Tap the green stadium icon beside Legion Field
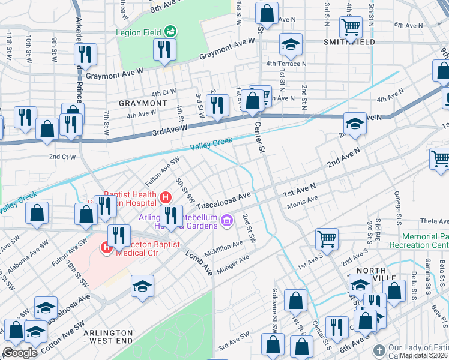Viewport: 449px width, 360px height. [x=170, y=30]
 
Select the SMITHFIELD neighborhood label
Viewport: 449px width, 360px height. [x=349, y=42]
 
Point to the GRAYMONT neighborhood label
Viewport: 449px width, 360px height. [x=143, y=103]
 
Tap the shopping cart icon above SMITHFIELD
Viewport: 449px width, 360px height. [x=351, y=26]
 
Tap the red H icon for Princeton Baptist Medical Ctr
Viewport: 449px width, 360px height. [x=107, y=246]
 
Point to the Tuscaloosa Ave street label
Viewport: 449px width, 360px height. [x=223, y=197]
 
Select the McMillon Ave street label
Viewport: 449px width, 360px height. [x=223, y=246]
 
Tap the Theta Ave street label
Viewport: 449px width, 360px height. [x=435, y=221]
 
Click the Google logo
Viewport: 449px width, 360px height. [x=20, y=353]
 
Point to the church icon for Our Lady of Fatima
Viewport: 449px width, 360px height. [x=379, y=350]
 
